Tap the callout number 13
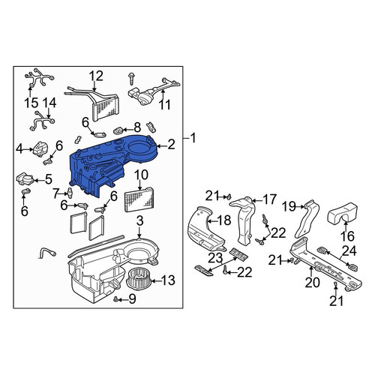(168, 280)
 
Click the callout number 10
(141, 175)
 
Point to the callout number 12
(96, 76)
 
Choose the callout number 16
(347, 236)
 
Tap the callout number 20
(313, 283)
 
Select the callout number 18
(224, 220)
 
